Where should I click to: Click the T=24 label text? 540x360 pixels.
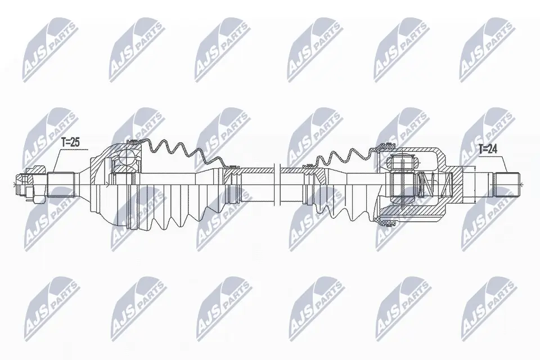488,150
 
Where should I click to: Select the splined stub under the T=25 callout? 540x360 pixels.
61,183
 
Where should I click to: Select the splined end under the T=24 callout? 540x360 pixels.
507,184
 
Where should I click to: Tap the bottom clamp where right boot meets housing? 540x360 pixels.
387,223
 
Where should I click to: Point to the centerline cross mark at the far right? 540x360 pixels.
521,184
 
